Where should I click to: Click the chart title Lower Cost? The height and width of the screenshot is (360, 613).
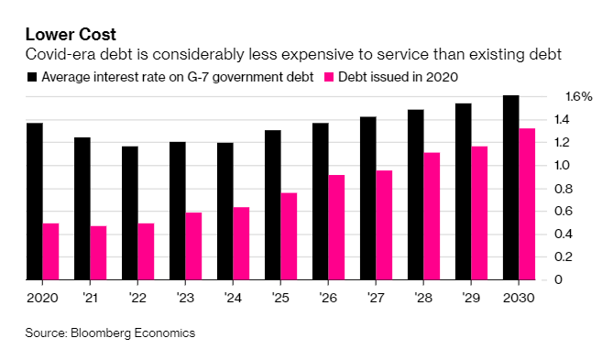coord(70,37)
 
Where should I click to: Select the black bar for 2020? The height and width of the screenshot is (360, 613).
coord(34,202)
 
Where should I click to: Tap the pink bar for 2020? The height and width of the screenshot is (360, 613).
coord(50,252)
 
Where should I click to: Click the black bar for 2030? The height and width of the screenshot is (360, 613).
coord(510,188)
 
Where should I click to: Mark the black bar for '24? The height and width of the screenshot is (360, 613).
coord(224,212)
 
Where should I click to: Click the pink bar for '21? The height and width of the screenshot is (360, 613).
coord(98,253)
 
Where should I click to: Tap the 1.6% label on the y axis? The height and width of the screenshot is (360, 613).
coord(578,96)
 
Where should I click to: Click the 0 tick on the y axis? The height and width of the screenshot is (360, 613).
coord(569,279)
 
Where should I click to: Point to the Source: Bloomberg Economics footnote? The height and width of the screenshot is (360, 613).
coord(110,333)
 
